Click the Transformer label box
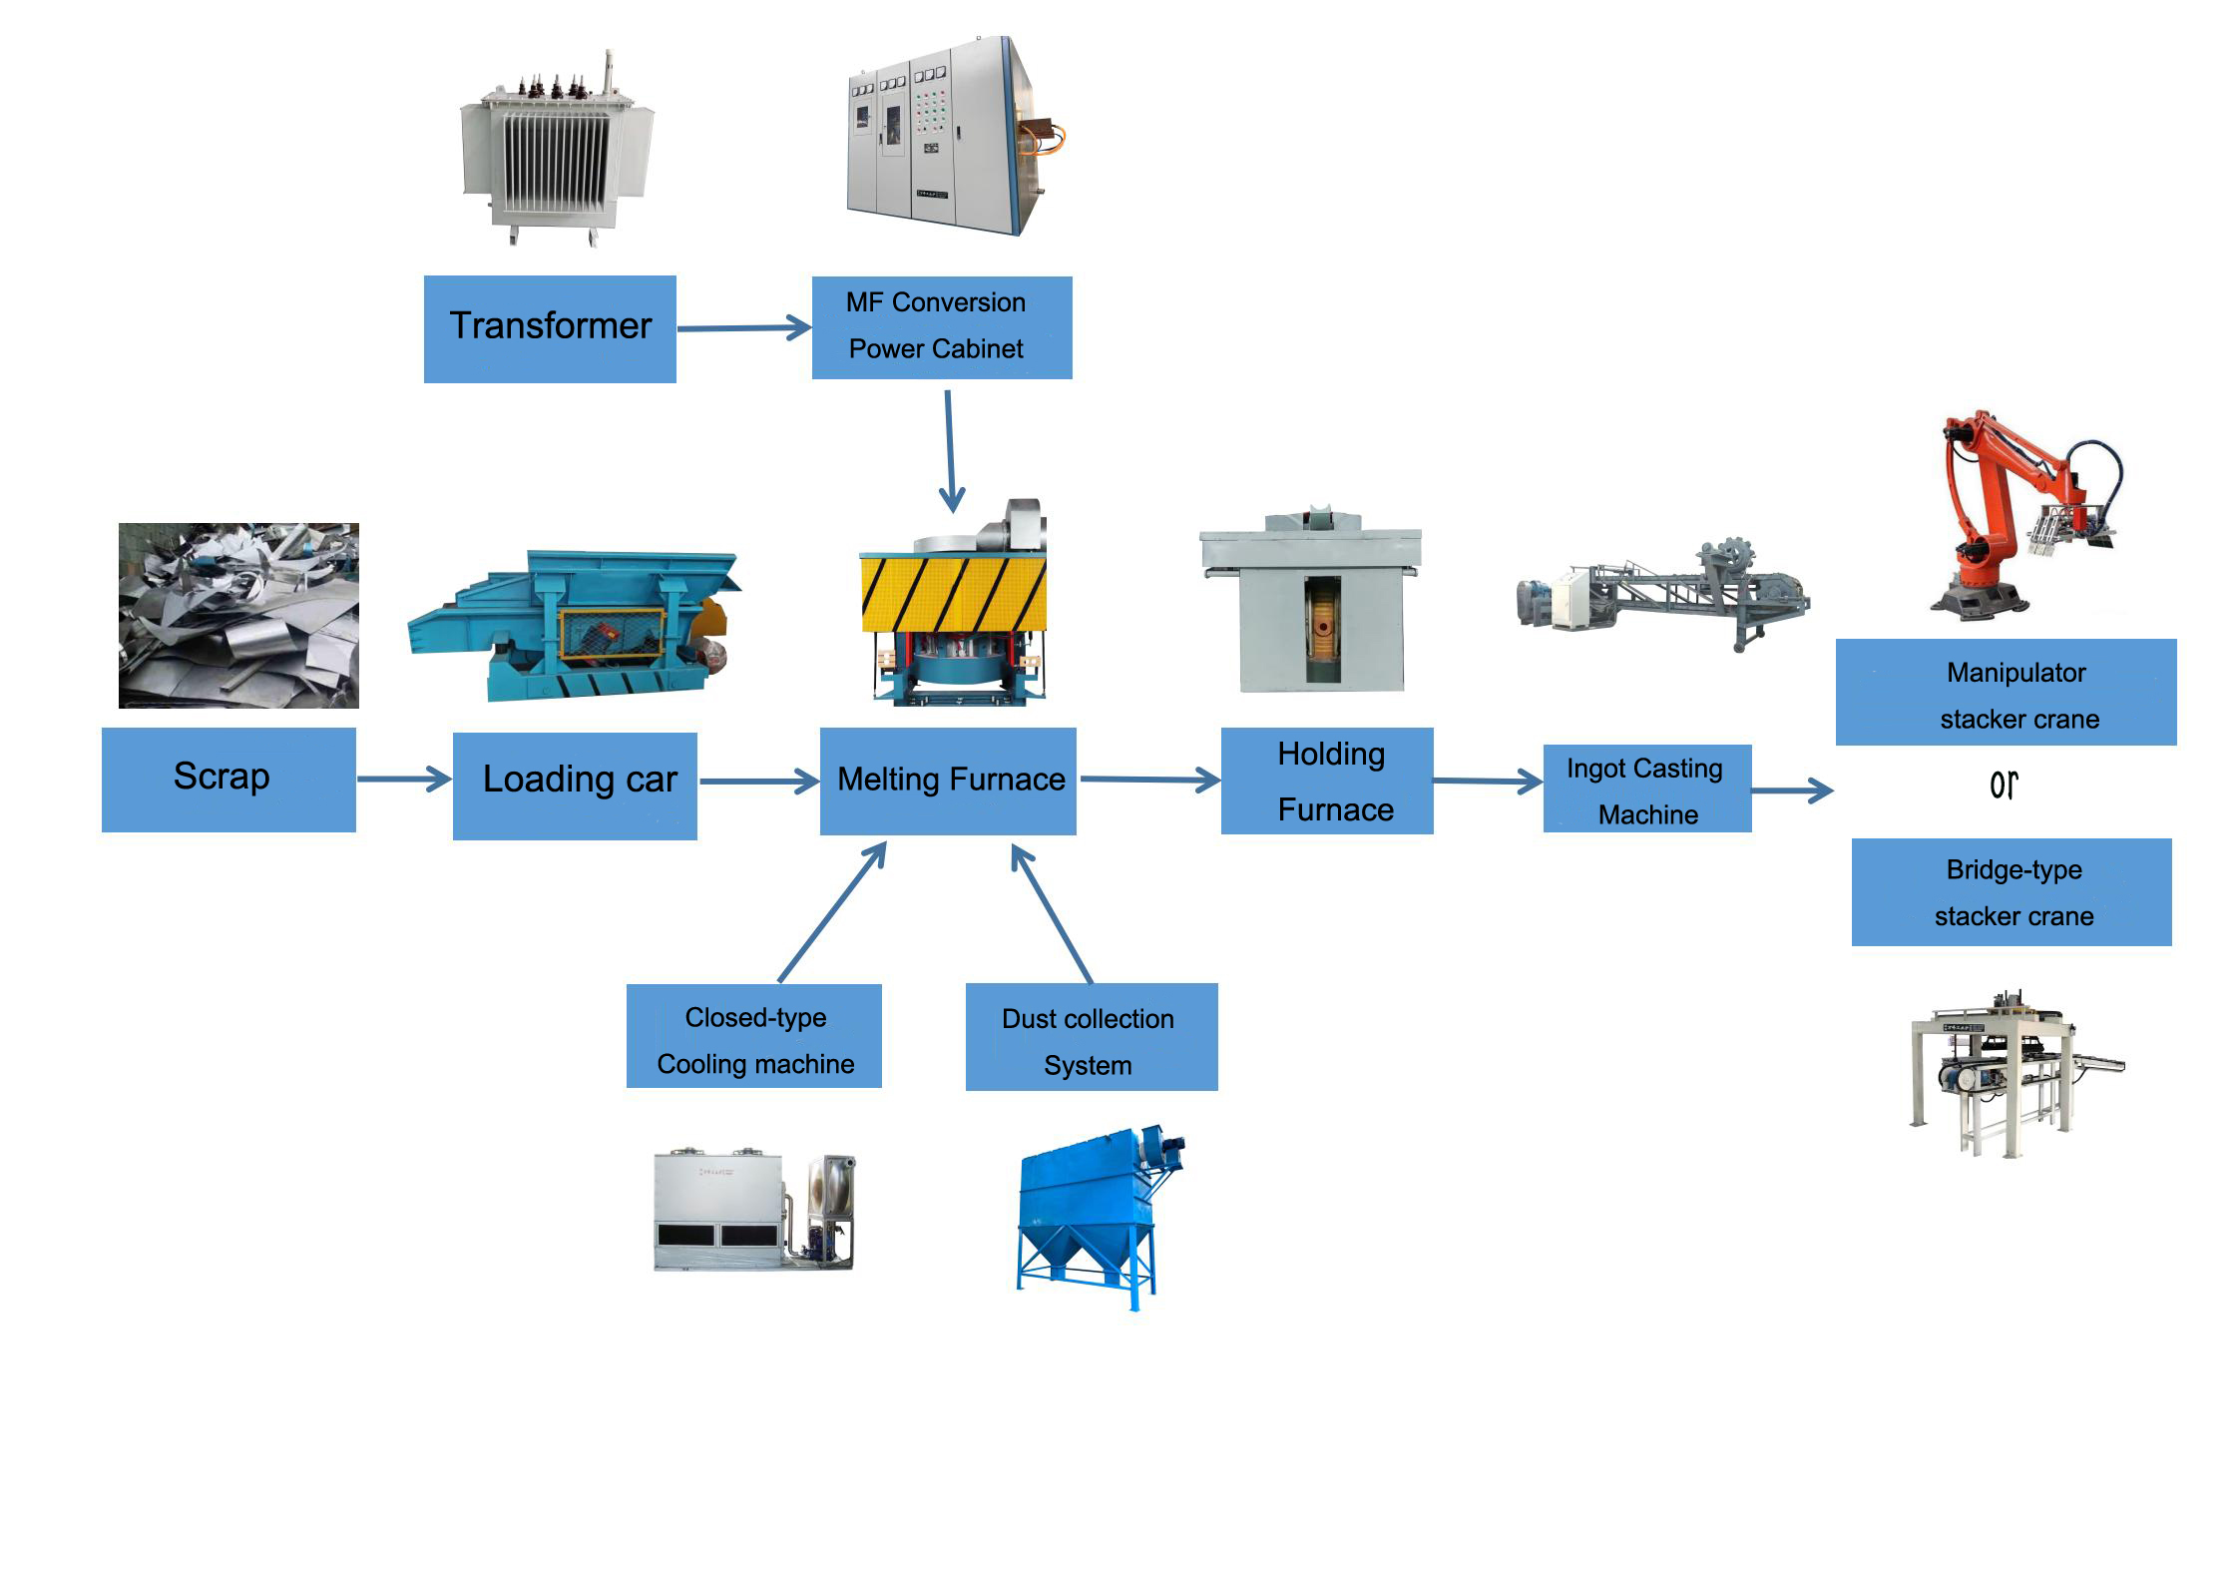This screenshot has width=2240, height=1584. tap(550, 328)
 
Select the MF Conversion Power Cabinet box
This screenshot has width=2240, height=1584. tap(941, 327)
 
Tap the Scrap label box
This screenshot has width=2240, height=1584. tap(228, 779)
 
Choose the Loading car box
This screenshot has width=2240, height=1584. tap(575, 786)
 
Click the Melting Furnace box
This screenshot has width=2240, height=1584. tap(947, 781)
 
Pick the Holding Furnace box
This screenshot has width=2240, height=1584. tap(1326, 781)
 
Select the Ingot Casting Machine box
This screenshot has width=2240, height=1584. tap(1646, 789)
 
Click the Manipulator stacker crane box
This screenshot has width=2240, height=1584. tap(2006, 692)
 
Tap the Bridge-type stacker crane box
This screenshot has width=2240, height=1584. tap(2011, 891)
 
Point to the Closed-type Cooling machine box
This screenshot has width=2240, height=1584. tap(753, 1036)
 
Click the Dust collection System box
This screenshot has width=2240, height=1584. tap(1091, 1037)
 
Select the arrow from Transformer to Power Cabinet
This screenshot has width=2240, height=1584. tap(743, 327)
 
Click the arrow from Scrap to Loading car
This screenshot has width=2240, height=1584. tap(403, 779)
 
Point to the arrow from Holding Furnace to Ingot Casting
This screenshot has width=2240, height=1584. tap(1487, 781)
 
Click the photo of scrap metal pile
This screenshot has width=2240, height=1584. tap(238, 615)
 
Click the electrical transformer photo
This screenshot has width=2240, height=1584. tap(555, 150)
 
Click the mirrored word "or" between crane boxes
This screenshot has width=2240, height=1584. tap(2004, 786)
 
